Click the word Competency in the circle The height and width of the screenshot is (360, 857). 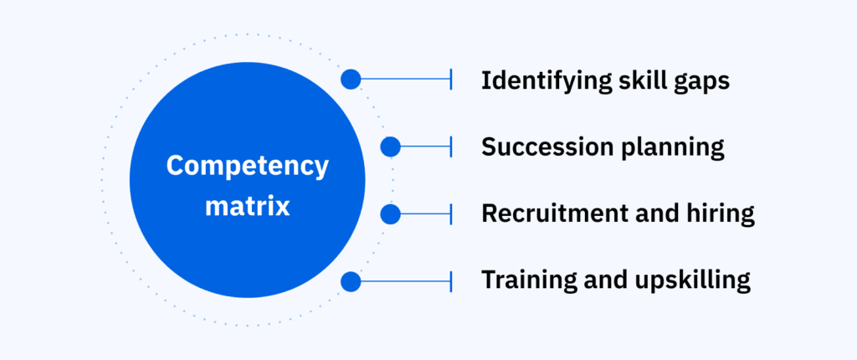click(x=247, y=167)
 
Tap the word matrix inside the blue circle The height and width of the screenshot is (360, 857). click(x=247, y=205)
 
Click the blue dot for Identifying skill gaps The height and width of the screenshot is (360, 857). click(x=351, y=80)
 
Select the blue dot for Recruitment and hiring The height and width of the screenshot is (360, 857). click(x=390, y=214)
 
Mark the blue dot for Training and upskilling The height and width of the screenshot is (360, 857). click(x=351, y=281)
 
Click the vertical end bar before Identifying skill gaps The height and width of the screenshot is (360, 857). click(x=451, y=80)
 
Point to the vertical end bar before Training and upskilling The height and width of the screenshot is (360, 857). click(x=451, y=281)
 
